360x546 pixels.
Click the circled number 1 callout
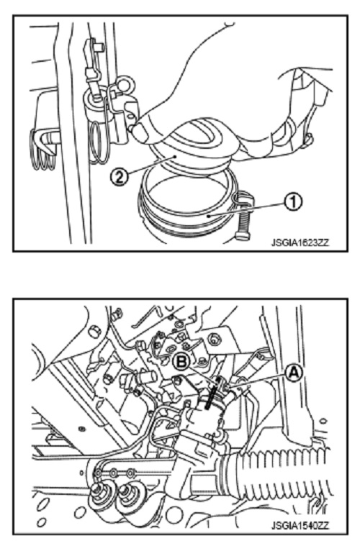click(x=293, y=201)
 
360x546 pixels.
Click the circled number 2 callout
click(x=119, y=177)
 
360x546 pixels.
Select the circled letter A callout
click(x=293, y=373)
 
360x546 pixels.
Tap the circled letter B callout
click(x=181, y=362)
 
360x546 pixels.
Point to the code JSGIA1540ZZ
click(x=300, y=525)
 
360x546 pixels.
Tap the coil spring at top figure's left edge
click(x=43, y=150)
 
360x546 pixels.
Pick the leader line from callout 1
click(x=246, y=209)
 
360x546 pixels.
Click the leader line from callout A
click(x=258, y=380)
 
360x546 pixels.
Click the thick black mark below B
click(x=212, y=397)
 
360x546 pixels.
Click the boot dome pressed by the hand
click(x=195, y=146)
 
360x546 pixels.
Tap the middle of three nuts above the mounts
click(x=114, y=473)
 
